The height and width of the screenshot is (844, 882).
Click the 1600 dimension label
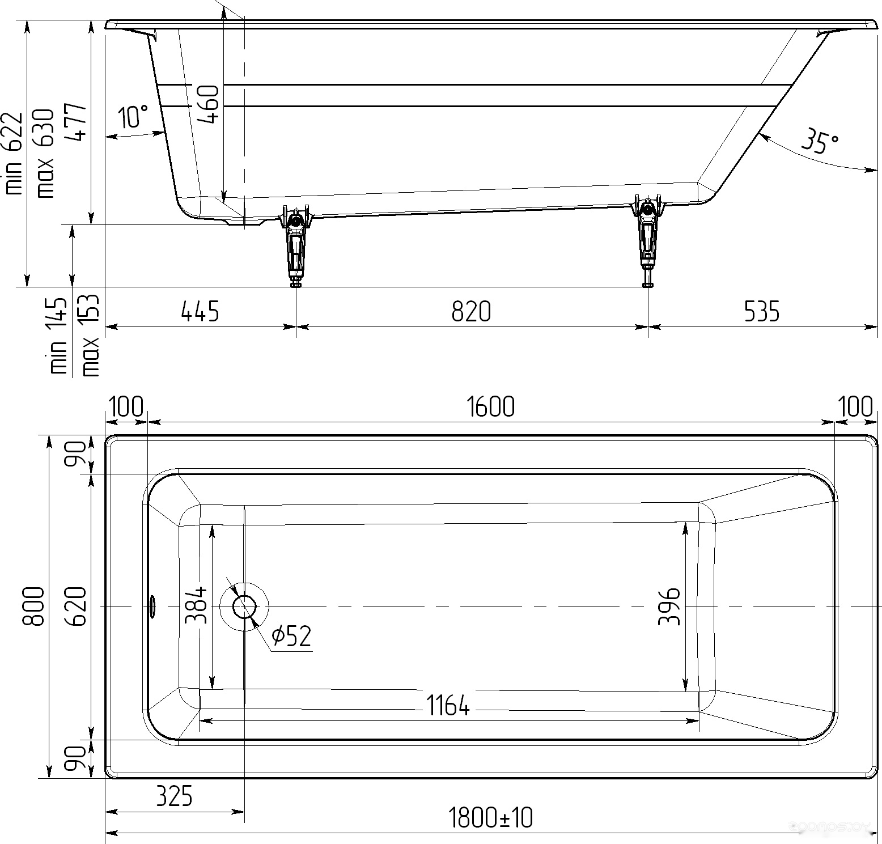(491, 407)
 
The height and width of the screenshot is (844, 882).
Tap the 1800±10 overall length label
(490, 818)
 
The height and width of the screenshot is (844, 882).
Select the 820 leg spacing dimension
(471, 312)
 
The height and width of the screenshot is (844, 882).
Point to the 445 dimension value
(200, 312)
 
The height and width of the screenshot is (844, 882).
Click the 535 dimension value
(761, 312)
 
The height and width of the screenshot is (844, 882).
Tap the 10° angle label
(134, 116)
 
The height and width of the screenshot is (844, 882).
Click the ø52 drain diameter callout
(291, 636)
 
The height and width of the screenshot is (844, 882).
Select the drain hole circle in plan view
(245, 607)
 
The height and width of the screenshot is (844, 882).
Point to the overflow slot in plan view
(152, 607)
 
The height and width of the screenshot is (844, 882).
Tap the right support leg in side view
(647, 241)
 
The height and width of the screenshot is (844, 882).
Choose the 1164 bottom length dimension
(448, 706)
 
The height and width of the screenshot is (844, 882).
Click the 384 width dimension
(196, 605)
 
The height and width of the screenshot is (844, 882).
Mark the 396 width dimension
(669, 607)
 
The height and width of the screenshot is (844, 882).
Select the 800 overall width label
(33, 606)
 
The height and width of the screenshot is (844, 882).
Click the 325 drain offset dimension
(174, 796)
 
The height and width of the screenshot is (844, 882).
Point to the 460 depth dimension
(207, 104)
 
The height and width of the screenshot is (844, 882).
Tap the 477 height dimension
(75, 122)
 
